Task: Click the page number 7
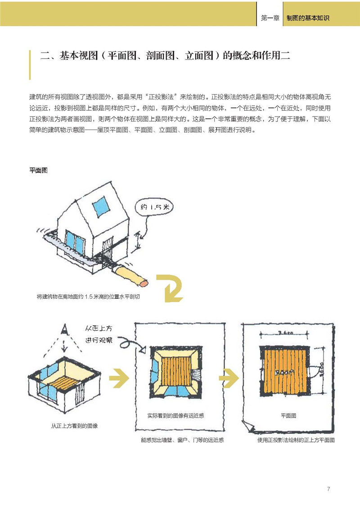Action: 329,489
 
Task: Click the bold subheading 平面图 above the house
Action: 39,171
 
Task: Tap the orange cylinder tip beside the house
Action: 143,282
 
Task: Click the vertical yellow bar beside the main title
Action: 30,64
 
